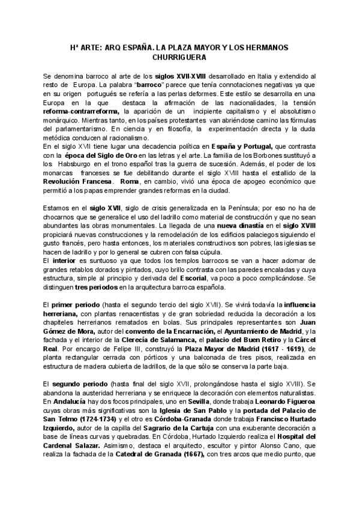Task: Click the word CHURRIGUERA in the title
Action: click(x=180, y=58)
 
